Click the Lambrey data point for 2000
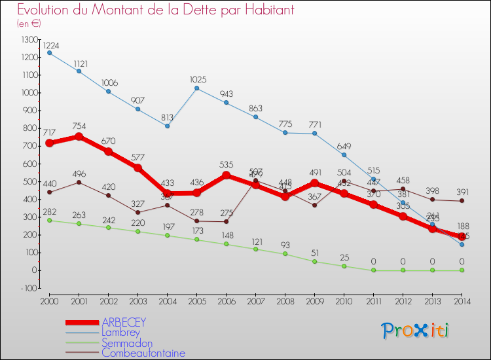[x=50, y=53]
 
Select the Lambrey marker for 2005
[x=196, y=88]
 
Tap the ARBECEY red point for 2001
[x=79, y=136]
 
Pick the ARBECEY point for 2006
[x=226, y=175]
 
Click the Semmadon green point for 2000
[x=50, y=220]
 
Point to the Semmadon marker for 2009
[x=314, y=261]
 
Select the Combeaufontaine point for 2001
[x=79, y=182]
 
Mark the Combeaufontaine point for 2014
[x=462, y=201]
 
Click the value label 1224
[x=51, y=45]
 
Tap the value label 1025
[x=197, y=80]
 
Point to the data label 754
[x=79, y=126]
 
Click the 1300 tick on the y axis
[x=29, y=40]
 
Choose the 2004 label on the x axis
[x=167, y=301]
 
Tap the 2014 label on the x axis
[x=462, y=301]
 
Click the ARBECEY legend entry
[x=124, y=322]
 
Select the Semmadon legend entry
[x=127, y=343]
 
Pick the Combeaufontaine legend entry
[x=143, y=353]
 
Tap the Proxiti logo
[x=415, y=331]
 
